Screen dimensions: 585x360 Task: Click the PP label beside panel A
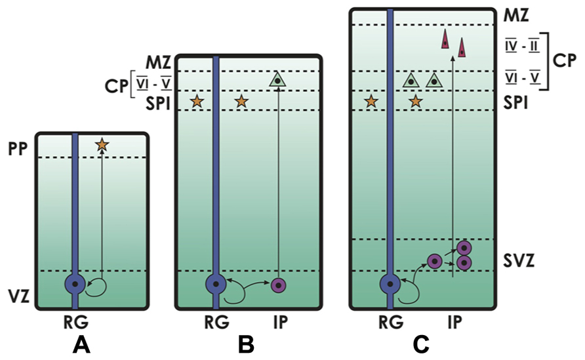click(x=18, y=149)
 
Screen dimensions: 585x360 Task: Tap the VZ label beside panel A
click(x=18, y=297)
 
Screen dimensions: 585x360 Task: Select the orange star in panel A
click(x=102, y=145)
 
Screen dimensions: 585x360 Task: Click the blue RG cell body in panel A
click(x=75, y=285)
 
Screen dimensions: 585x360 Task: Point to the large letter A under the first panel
click(x=81, y=345)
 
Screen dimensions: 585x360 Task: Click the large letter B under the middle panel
click(x=246, y=345)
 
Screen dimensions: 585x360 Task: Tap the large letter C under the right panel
click(x=421, y=345)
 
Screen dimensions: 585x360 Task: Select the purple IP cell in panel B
click(x=279, y=285)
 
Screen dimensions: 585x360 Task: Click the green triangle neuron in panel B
click(x=277, y=79)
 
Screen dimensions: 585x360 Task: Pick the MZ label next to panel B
click(x=158, y=63)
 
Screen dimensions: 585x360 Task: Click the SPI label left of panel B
click(x=158, y=104)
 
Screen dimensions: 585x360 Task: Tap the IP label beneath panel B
click(x=280, y=323)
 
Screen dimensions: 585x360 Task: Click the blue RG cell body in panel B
click(x=216, y=285)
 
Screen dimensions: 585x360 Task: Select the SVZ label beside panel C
click(x=519, y=261)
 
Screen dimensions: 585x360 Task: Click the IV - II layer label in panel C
click(x=522, y=47)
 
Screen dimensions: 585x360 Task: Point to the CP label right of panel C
click(x=565, y=60)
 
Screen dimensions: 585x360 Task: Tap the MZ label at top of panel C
click(x=516, y=15)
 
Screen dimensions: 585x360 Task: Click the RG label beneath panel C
click(x=391, y=323)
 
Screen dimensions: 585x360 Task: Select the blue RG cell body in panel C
click(x=390, y=285)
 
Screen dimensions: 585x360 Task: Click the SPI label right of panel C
click(x=515, y=102)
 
